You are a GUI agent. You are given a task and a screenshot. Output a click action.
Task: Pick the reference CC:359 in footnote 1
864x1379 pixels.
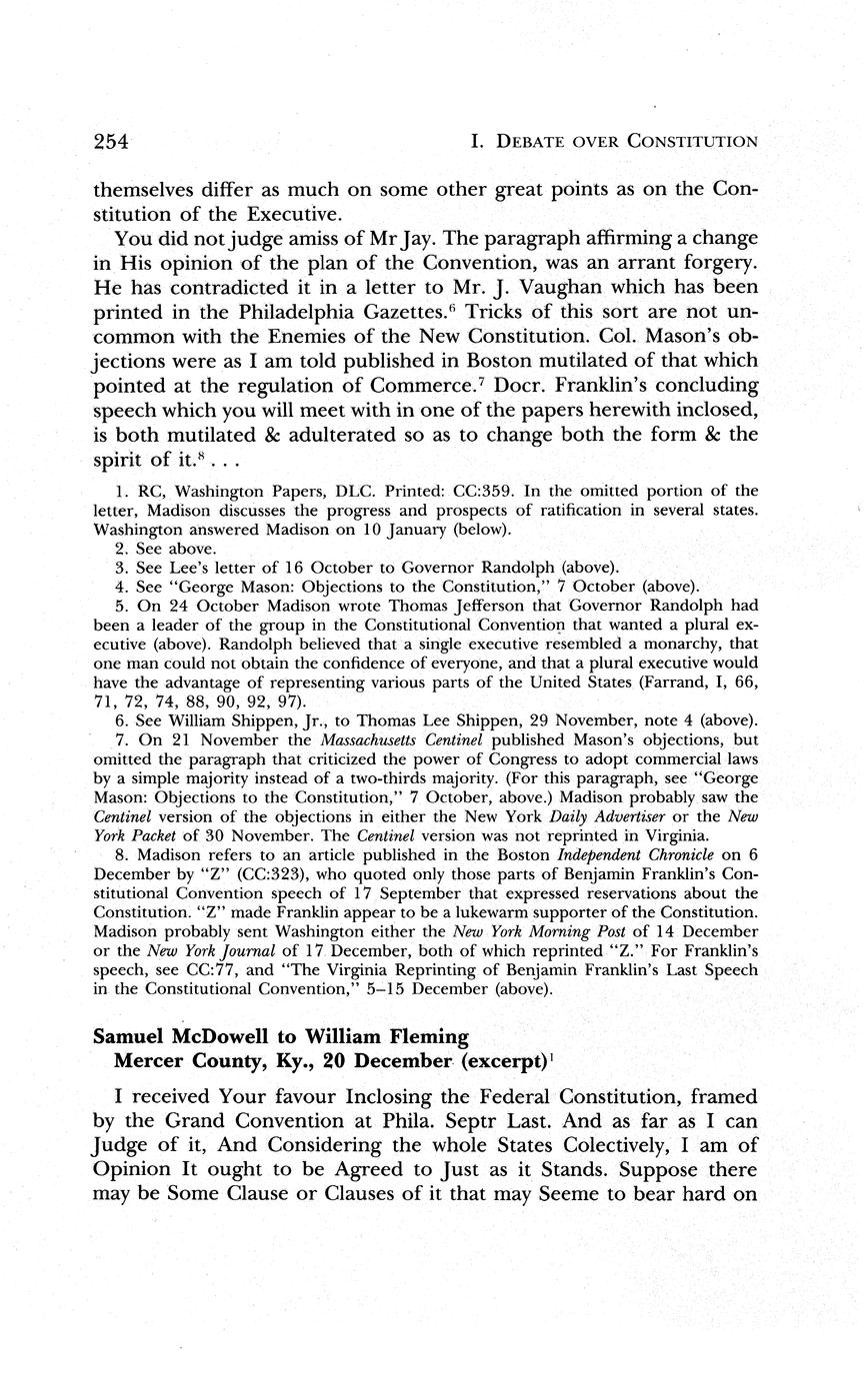433,492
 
